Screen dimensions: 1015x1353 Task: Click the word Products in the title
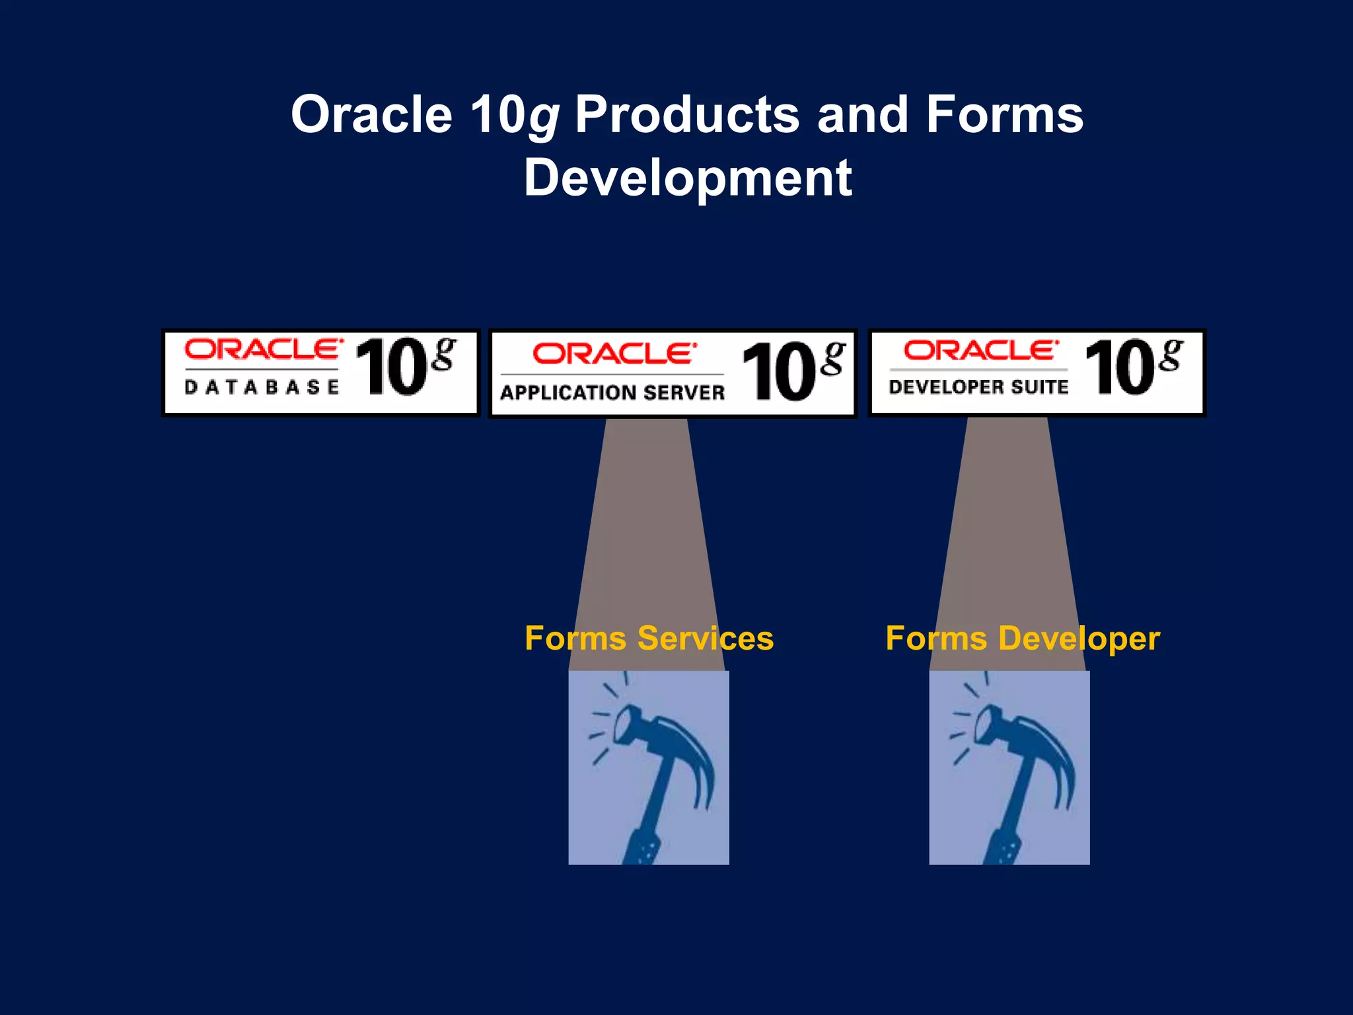pos(687,116)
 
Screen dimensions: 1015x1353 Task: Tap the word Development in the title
pos(688,178)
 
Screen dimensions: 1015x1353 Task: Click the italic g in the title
pos(543,118)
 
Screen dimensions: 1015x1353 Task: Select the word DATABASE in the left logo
pos(262,387)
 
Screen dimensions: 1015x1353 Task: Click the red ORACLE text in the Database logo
pos(263,349)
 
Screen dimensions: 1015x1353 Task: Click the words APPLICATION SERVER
pos(612,393)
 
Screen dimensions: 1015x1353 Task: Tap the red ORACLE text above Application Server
pos(614,354)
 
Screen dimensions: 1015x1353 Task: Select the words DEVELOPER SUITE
pos(978,387)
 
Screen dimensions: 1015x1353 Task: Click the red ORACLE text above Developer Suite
pos(980,350)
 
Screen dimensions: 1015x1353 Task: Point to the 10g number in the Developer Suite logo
pos(1132,366)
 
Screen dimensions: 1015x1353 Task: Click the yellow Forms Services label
pos(649,639)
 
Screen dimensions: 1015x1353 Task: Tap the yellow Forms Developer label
pos(1023,639)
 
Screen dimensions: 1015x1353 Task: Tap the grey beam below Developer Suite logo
pos(1007,515)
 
